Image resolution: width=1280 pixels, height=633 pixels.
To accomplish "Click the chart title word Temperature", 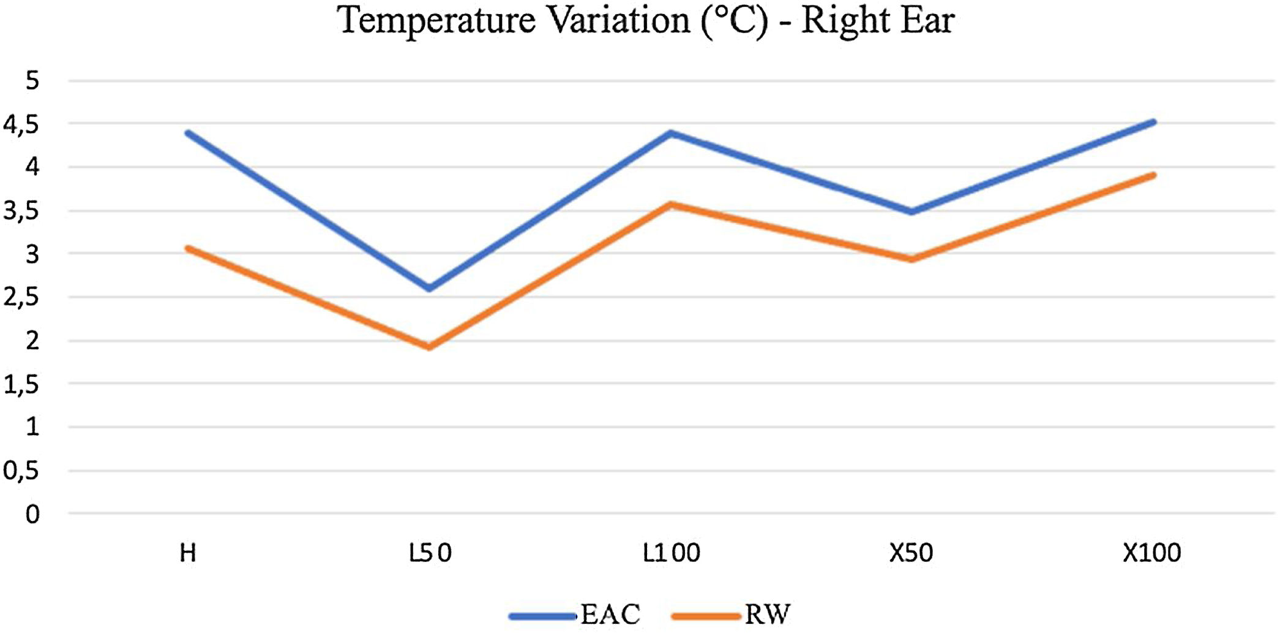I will [x=436, y=21].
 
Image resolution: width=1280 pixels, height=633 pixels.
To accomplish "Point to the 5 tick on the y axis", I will [x=32, y=80].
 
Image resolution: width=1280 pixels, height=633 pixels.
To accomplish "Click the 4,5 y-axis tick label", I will [x=21, y=124].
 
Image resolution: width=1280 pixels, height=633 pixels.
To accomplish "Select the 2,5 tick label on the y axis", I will [x=21, y=298].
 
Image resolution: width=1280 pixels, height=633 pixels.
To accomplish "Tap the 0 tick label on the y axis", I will [x=32, y=514].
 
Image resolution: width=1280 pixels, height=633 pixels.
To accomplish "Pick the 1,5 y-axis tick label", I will [x=21, y=385].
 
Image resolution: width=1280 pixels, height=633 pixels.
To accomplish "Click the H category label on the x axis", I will [x=188, y=553].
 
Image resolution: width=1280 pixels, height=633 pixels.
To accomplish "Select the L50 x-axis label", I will [x=430, y=553].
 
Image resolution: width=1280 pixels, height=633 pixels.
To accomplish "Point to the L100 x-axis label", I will [x=671, y=553].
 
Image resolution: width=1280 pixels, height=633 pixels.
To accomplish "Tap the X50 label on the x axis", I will [x=911, y=553].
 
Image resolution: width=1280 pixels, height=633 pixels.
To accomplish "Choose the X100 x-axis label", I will [x=1151, y=553].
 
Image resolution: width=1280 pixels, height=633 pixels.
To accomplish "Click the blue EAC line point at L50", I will [x=430, y=288].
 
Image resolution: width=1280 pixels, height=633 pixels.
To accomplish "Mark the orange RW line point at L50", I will [x=430, y=347].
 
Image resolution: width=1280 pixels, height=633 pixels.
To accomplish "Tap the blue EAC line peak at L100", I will [x=671, y=132].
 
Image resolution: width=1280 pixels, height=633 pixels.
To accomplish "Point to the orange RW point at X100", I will [x=1153, y=175].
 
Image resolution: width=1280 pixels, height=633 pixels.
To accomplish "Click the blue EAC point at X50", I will [x=911, y=212].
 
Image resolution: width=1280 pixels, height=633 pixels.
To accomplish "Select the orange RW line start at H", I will [x=188, y=248].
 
